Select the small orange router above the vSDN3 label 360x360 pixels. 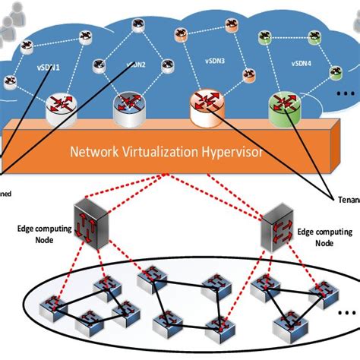tap(181, 34)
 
